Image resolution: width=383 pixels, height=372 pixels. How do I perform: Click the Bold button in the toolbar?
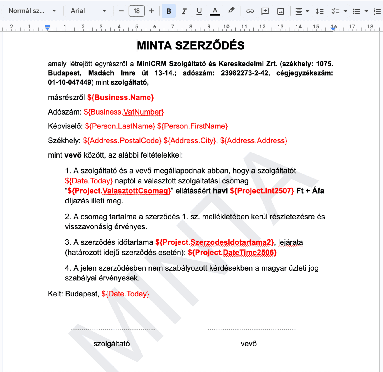[x=169, y=11]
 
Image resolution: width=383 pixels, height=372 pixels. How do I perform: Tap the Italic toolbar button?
[x=184, y=11]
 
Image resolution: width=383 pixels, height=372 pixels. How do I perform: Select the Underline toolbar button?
[x=199, y=11]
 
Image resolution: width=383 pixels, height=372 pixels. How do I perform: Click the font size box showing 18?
[x=136, y=11]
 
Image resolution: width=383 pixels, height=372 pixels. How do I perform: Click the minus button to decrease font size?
[x=121, y=11]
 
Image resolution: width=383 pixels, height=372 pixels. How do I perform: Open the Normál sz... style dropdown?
[x=32, y=11]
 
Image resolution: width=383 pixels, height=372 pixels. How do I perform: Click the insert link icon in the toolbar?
[x=250, y=11]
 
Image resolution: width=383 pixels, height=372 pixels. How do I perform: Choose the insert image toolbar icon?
[x=281, y=11]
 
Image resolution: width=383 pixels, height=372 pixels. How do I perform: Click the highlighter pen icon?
[x=231, y=11]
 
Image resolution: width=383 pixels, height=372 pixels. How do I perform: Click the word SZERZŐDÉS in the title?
[x=210, y=46]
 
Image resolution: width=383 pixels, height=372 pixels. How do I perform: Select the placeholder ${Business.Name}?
[x=120, y=97]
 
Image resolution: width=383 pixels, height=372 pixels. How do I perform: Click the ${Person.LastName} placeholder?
[x=120, y=126]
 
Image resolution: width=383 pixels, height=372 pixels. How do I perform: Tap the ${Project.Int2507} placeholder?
[x=262, y=191]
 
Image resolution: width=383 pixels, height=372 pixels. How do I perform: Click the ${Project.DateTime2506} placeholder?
[x=232, y=252]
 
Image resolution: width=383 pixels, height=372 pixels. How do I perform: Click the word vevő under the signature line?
[x=249, y=344]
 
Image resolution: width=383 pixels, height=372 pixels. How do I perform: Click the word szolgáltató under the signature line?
[x=111, y=344]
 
